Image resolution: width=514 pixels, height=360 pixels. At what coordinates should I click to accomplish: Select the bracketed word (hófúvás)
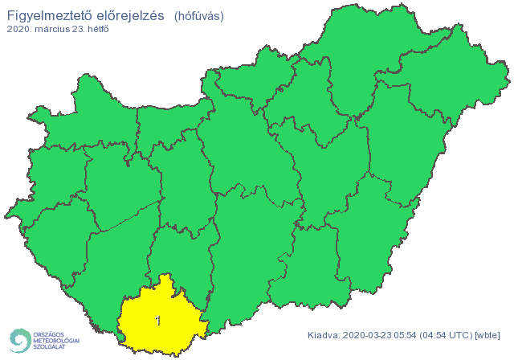(x=199, y=15)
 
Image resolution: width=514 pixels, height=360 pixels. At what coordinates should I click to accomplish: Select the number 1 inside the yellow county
(x=157, y=321)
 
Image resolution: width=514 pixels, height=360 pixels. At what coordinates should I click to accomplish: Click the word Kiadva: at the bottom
(x=324, y=334)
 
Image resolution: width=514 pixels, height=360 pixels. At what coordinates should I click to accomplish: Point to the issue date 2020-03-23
(x=369, y=334)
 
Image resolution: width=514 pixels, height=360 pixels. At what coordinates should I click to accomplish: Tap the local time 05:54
(x=410, y=334)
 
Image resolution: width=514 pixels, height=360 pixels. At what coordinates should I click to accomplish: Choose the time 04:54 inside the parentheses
(x=439, y=334)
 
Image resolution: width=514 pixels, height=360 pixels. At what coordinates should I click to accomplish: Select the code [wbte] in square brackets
(x=488, y=334)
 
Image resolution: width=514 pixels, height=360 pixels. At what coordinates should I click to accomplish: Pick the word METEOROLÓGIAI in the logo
(x=56, y=340)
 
